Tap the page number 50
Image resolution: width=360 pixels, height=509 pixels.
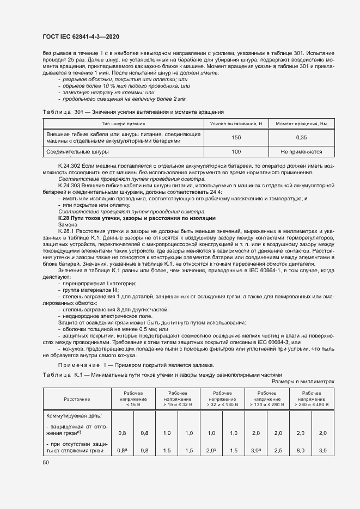pyautogui.click(x=46, y=462)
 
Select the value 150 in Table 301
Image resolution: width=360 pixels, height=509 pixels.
pyautogui.click(x=236, y=137)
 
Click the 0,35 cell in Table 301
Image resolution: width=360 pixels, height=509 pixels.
pyautogui.click(x=301, y=137)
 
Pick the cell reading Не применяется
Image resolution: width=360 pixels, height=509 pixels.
pyautogui.click(x=301, y=152)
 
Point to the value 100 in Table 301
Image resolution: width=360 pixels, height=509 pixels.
pyautogui.click(x=236, y=152)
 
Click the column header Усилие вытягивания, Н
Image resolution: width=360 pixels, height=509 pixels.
pyautogui.click(x=236, y=124)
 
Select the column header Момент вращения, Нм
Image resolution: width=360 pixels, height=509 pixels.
pyautogui.click(x=301, y=124)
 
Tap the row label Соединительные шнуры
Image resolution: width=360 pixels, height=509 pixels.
pyautogui.click(x=77, y=152)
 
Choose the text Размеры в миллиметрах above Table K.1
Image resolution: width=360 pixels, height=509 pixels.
pyautogui.click(x=306, y=382)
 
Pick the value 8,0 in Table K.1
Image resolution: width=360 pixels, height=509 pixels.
pyautogui.click(x=300, y=451)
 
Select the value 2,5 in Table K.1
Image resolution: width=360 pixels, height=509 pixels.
pyautogui.click(x=278, y=451)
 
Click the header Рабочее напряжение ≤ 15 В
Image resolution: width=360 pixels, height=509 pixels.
pyautogui.click(x=133, y=398)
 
